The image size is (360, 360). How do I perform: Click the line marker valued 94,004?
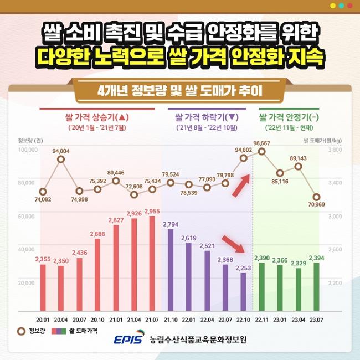61,160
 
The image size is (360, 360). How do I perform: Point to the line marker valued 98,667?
261,151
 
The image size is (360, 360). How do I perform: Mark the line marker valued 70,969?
316,197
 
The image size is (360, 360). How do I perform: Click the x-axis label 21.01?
116,320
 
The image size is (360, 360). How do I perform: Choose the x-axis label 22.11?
261,320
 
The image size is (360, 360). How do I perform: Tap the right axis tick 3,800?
336,150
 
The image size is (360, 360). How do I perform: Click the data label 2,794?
171,224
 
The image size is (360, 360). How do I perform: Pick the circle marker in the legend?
22,331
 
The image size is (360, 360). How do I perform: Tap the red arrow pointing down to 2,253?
233,244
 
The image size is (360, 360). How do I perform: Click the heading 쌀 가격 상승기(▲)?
97,117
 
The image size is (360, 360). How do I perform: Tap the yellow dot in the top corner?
333,6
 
